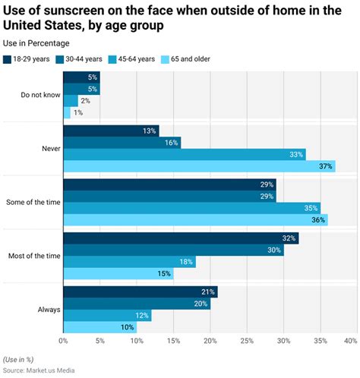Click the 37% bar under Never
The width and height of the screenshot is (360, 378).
point(200,166)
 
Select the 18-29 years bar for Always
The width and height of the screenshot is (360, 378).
point(141,292)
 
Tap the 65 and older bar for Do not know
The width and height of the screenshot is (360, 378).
point(67,112)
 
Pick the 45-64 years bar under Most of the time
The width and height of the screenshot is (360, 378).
point(130,262)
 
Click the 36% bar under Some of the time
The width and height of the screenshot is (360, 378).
point(196,220)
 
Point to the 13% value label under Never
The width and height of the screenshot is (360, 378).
point(150,131)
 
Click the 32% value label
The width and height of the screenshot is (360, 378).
point(289,238)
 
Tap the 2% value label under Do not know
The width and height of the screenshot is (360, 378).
point(86,101)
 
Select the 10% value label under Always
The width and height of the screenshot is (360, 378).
point(128,327)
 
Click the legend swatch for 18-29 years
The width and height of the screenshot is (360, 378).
point(7,59)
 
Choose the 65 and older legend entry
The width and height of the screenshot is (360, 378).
point(185,59)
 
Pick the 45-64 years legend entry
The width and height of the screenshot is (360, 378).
point(131,59)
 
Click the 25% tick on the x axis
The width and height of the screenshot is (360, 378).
point(247,341)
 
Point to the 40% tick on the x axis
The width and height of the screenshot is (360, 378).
point(351,341)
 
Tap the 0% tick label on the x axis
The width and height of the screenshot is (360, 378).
point(63,341)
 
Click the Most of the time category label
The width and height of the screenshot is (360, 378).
point(34,256)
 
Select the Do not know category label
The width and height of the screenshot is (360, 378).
point(40,95)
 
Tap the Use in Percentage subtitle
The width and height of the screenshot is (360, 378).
point(36,43)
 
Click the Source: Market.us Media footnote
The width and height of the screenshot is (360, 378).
point(39,370)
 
